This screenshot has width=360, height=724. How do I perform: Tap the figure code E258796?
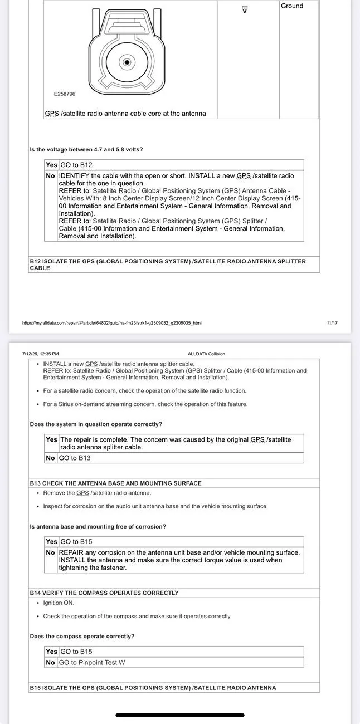65,94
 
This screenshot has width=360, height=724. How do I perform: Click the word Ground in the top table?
292,6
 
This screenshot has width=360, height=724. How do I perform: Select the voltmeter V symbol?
244,10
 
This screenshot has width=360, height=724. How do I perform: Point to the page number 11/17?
332,323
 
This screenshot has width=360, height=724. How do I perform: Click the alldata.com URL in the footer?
111,323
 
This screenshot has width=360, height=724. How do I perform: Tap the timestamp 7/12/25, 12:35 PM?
41,354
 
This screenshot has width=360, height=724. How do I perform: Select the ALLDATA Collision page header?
206,354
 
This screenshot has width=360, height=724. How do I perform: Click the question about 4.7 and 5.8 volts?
86,149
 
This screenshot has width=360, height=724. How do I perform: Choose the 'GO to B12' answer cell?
76,165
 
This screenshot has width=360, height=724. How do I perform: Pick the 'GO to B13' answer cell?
75,458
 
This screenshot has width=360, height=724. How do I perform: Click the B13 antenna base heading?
115,483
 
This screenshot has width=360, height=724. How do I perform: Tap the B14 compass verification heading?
104,593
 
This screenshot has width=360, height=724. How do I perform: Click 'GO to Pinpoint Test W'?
92,663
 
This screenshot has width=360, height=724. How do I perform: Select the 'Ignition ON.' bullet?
59,603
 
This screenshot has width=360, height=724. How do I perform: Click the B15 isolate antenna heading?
153,688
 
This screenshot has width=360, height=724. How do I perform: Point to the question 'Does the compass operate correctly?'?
82,636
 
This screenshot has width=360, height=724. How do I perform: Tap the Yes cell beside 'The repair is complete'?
51,439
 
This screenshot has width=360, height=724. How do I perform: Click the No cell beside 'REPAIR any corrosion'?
51,552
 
